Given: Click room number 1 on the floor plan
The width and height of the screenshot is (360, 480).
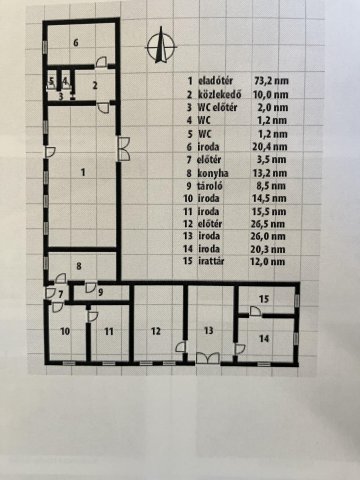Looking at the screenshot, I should click(83, 172).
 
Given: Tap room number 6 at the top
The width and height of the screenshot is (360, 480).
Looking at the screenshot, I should click(75, 42).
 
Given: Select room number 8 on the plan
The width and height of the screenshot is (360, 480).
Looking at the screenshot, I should click(80, 264).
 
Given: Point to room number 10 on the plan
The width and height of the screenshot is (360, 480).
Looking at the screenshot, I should click(64, 329).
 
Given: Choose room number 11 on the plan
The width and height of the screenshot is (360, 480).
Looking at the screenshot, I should click(108, 329).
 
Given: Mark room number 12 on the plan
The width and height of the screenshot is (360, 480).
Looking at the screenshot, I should click(156, 329).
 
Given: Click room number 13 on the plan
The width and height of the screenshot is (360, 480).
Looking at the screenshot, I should click(208, 329).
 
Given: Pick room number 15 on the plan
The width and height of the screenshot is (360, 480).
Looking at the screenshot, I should click(263, 299).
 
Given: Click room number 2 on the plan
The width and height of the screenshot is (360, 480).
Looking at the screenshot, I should click(95, 85).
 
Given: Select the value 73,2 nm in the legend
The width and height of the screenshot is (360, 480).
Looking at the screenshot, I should click(274, 79).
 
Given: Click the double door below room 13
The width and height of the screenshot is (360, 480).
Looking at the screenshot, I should click(208, 358).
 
